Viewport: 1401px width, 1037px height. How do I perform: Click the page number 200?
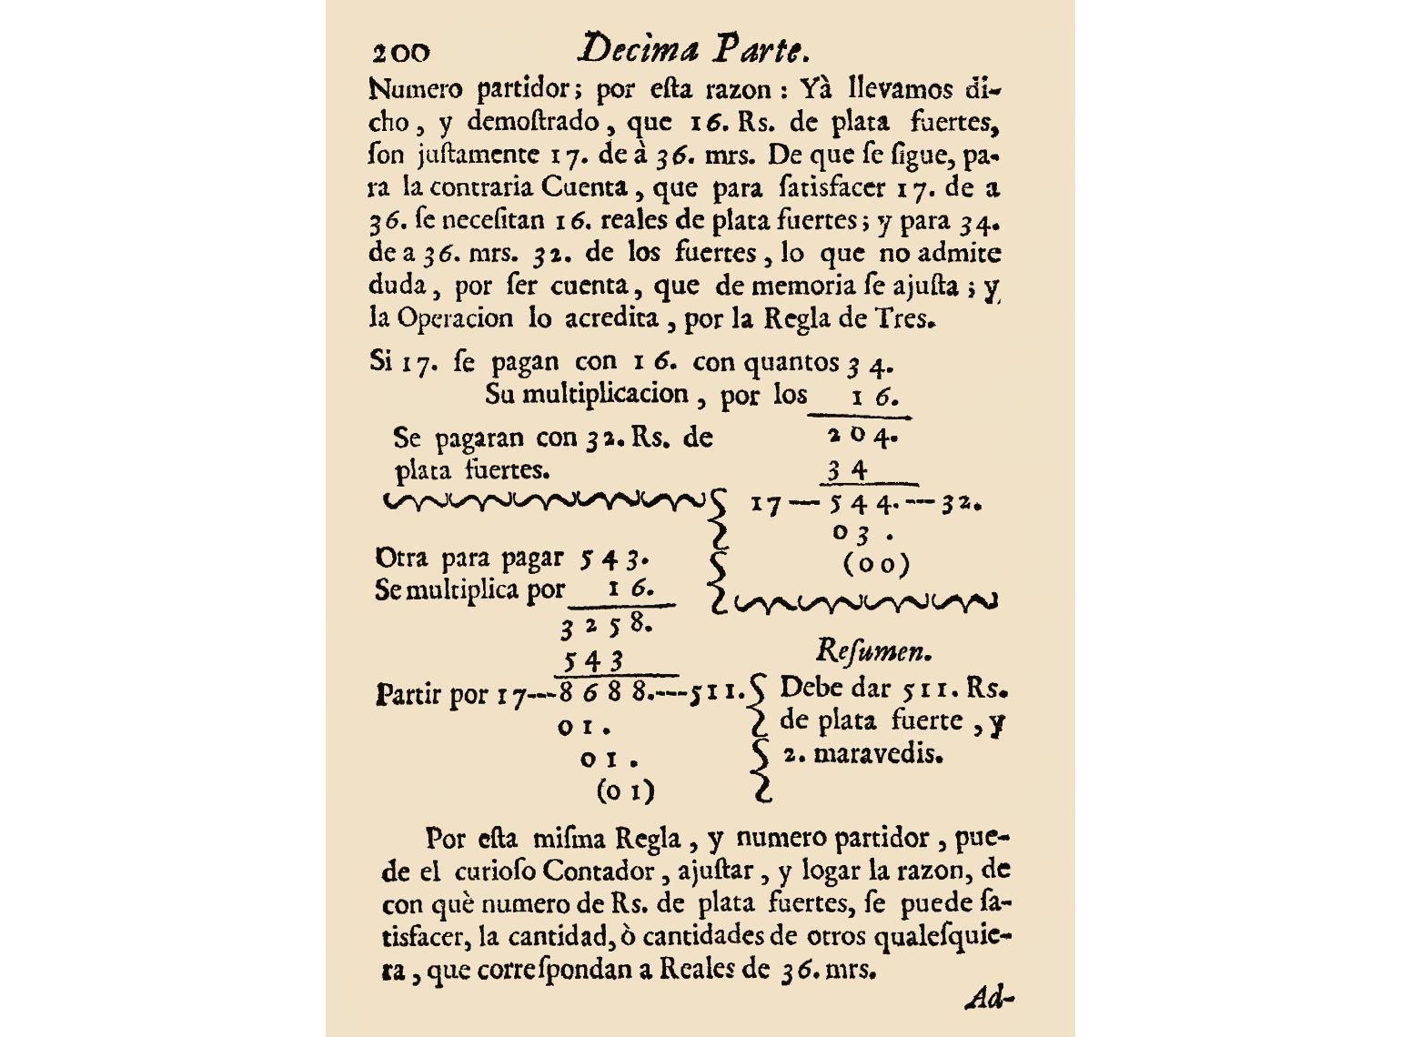pyautogui.click(x=400, y=52)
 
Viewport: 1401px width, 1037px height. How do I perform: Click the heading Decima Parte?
pyautogui.click(x=694, y=48)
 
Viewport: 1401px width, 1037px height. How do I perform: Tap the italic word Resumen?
pyautogui.click(x=873, y=651)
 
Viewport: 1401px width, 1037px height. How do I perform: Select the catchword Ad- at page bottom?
pyautogui.click(x=989, y=999)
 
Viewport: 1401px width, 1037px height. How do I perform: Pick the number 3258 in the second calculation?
pyautogui.click(x=606, y=626)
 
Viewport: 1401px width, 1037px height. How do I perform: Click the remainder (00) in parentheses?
pyautogui.click(x=876, y=565)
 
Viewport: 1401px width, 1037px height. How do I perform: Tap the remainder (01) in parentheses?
pyautogui.click(x=625, y=791)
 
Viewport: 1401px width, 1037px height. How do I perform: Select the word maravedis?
pyautogui.click(x=877, y=754)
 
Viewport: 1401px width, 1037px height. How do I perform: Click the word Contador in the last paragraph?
pyautogui.click(x=599, y=871)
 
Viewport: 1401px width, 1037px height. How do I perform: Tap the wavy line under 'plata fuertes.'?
pyautogui.click(x=544, y=501)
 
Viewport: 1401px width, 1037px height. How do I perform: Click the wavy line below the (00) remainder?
pyautogui.click(x=864, y=601)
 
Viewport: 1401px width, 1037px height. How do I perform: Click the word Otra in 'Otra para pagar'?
pyautogui.click(x=402, y=557)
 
